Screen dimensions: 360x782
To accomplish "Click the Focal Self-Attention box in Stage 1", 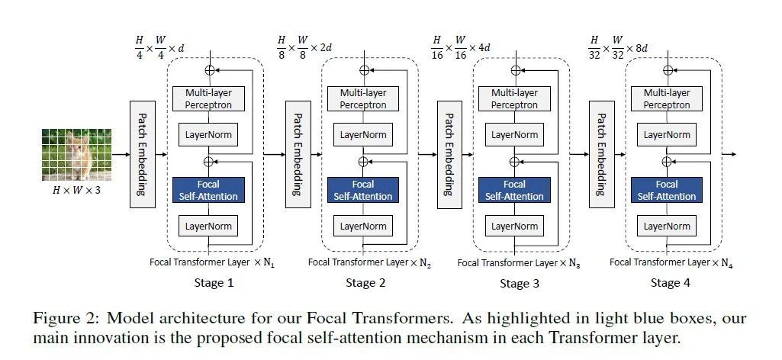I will click(208, 190).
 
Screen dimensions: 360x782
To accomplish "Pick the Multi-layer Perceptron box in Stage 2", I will click(362, 98).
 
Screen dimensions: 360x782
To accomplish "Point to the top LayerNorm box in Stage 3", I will click(515, 134).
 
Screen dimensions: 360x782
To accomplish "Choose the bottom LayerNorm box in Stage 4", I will click(667, 226).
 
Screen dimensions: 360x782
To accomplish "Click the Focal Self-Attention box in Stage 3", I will click(515, 190).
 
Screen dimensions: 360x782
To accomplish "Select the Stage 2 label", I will click(365, 283).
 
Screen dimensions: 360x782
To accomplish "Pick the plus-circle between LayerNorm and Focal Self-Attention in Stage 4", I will click(667, 161).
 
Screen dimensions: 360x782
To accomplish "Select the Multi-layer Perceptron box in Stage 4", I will click(667, 98).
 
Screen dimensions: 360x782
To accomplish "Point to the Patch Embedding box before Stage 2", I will click(295, 153).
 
